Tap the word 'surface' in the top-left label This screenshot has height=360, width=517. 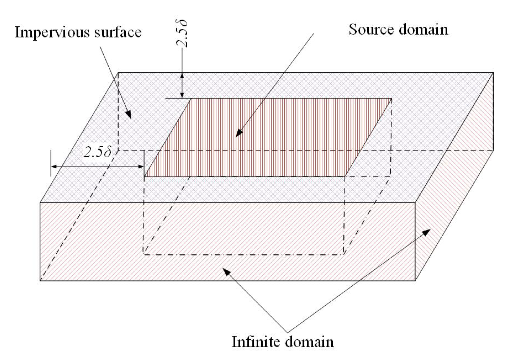tap(118, 32)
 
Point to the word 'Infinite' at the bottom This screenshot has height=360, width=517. tap(256, 342)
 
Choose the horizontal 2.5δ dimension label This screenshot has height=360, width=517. tap(97, 152)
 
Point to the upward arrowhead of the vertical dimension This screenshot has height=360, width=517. tap(182, 76)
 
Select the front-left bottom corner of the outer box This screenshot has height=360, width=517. tap(40, 280)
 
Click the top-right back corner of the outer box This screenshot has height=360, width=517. tap(493, 73)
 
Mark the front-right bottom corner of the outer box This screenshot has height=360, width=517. tap(415, 280)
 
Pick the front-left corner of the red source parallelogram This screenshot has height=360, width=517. tap(144, 177)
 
